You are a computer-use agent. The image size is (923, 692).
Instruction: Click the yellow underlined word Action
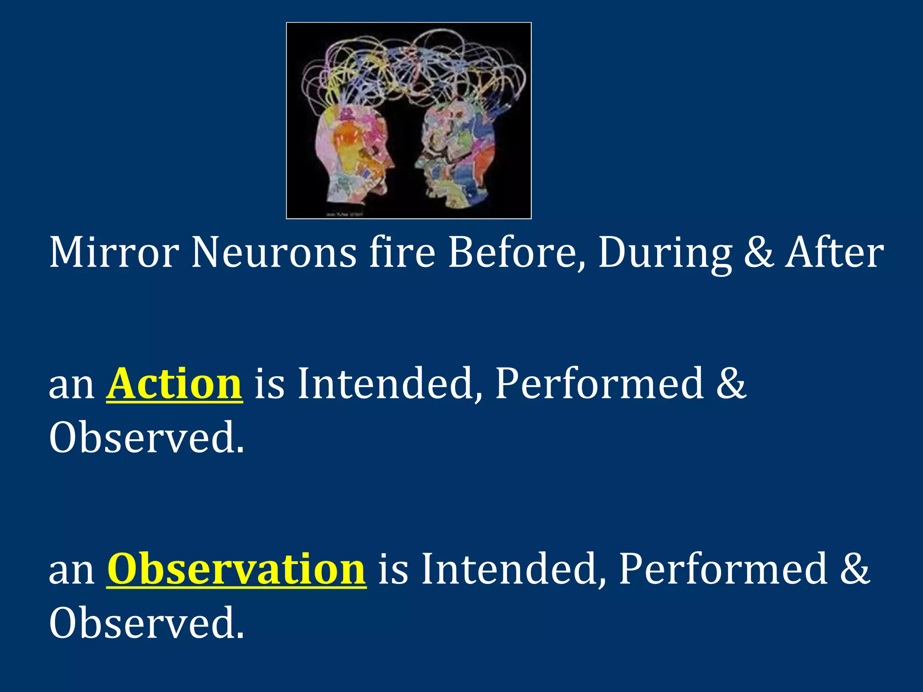pyautogui.click(x=174, y=384)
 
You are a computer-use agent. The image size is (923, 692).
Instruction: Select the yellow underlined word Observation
pyautogui.click(x=236, y=569)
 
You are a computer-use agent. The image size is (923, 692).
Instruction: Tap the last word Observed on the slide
pyautogui.click(x=146, y=623)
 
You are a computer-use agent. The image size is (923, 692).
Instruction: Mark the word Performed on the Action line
pyautogui.click(x=599, y=384)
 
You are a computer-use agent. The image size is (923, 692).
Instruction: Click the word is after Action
pyautogui.click(x=270, y=384)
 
